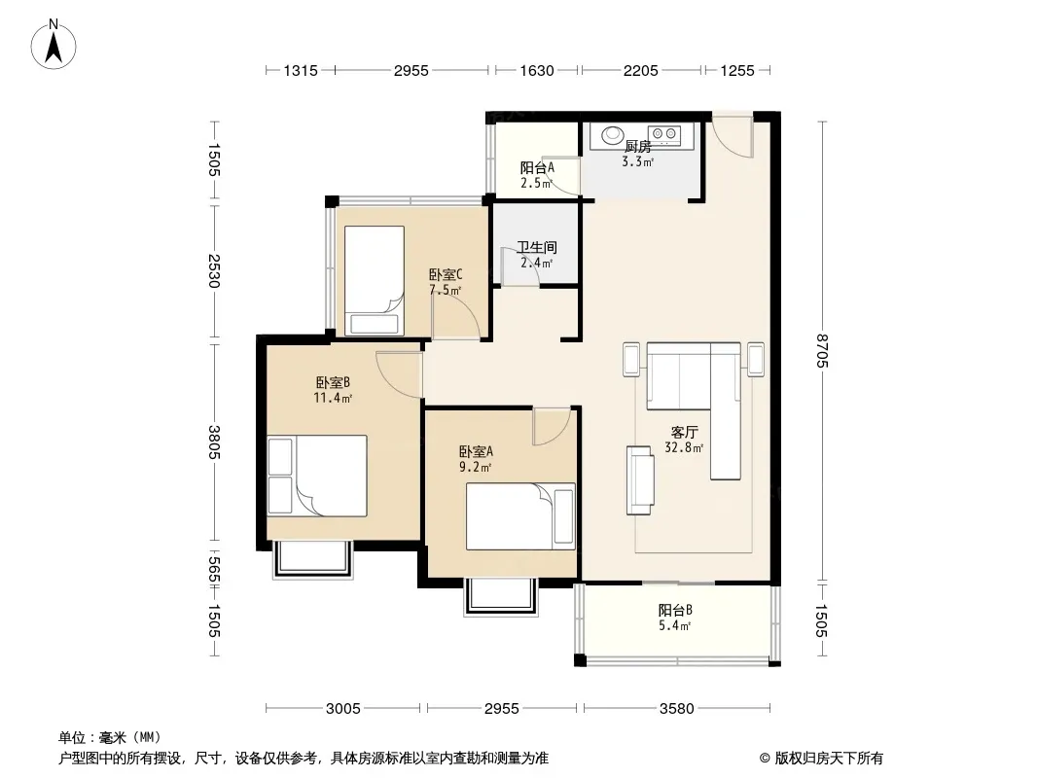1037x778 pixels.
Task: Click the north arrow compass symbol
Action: tap(54, 45)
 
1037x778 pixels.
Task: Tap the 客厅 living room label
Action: tap(685, 433)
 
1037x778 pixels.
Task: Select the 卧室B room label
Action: tap(333, 382)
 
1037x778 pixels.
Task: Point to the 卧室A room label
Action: tap(476, 451)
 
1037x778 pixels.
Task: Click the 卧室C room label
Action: tap(446, 274)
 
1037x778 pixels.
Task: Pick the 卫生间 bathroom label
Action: tap(536, 247)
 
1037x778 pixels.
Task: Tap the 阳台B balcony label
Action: tap(675, 610)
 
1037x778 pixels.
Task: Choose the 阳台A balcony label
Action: tap(537, 168)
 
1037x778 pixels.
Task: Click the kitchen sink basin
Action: tap(613, 135)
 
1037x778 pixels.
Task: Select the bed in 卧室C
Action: tap(375, 281)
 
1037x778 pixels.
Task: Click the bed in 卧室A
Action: tap(520, 516)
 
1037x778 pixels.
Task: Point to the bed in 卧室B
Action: tap(317, 476)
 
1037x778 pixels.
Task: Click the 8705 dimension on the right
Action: tap(822, 351)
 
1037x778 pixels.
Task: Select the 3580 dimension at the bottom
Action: tap(676, 709)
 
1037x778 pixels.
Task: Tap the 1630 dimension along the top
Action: tap(536, 70)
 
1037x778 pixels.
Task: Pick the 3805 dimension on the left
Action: tap(214, 442)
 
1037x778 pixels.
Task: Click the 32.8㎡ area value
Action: tap(684, 447)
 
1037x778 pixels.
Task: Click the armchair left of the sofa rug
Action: tap(640, 479)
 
